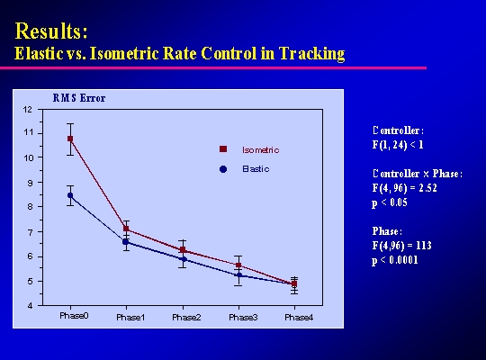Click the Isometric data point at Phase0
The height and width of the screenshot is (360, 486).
click(x=70, y=139)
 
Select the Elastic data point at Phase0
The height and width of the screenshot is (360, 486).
click(x=70, y=195)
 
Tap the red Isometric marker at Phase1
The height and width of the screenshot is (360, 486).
click(x=126, y=229)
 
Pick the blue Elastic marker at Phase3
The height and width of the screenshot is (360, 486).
click(x=239, y=275)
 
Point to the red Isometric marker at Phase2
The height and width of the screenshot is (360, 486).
click(x=183, y=249)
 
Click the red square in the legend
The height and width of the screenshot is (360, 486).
click(x=223, y=149)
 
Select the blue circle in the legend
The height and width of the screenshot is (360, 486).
click(x=223, y=169)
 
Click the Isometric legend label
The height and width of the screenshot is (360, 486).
click(x=261, y=150)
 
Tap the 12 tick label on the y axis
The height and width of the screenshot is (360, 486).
click(x=28, y=110)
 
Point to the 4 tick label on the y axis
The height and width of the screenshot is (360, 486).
click(x=30, y=306)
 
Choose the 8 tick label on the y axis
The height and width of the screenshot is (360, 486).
click(x=30, y=206)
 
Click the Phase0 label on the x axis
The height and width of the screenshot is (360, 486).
click(x=74, y=316)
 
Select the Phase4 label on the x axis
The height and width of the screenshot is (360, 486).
click(x=299, y=318)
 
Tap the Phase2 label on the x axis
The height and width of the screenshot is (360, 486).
click(x=186, y=318)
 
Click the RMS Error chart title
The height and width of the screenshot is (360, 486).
click(x=79, y=98)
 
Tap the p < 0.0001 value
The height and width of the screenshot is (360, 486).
click(x=395, y=260)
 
